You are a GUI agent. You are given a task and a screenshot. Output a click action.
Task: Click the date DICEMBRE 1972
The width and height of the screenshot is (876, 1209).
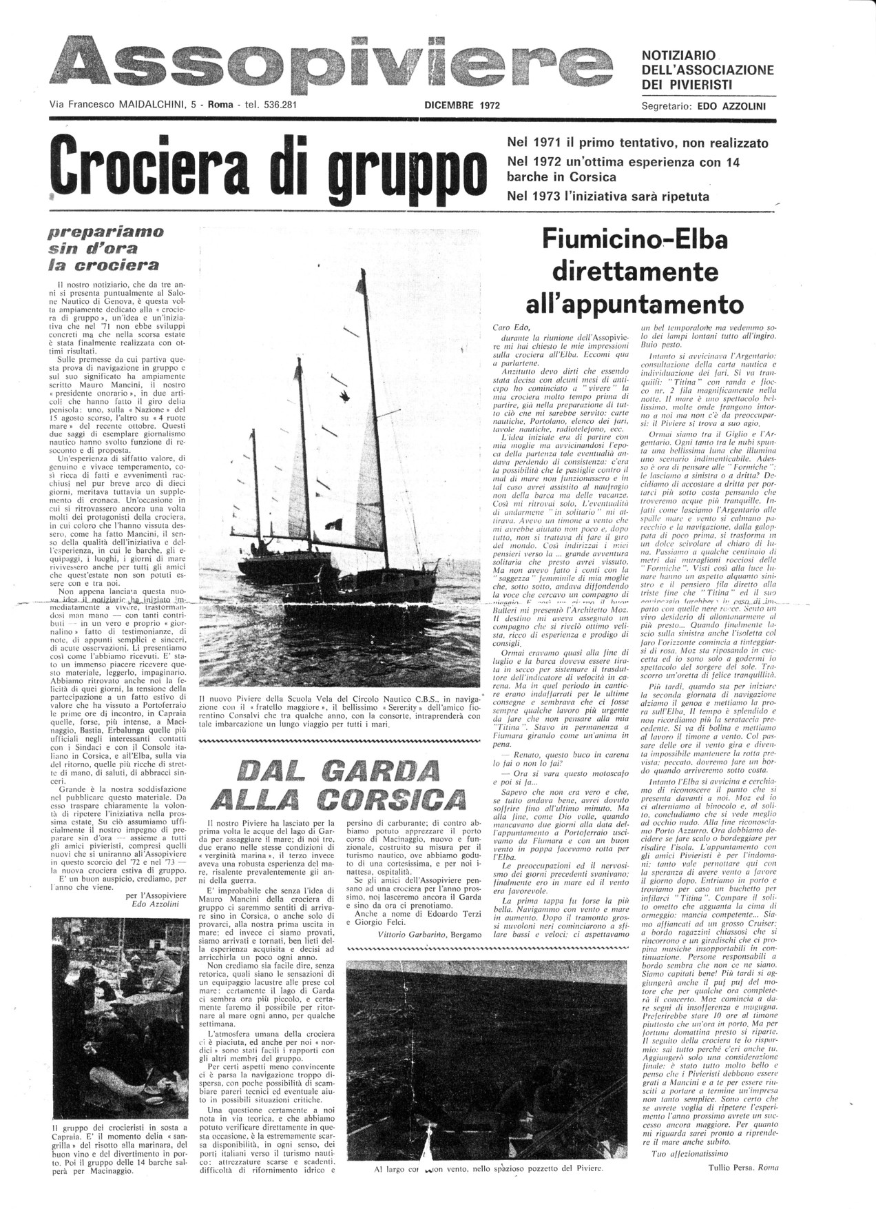(x=462, y=106)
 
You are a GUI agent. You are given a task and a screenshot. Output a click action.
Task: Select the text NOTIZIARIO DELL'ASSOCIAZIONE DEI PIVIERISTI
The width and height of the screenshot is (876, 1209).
(x=708, y=70)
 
